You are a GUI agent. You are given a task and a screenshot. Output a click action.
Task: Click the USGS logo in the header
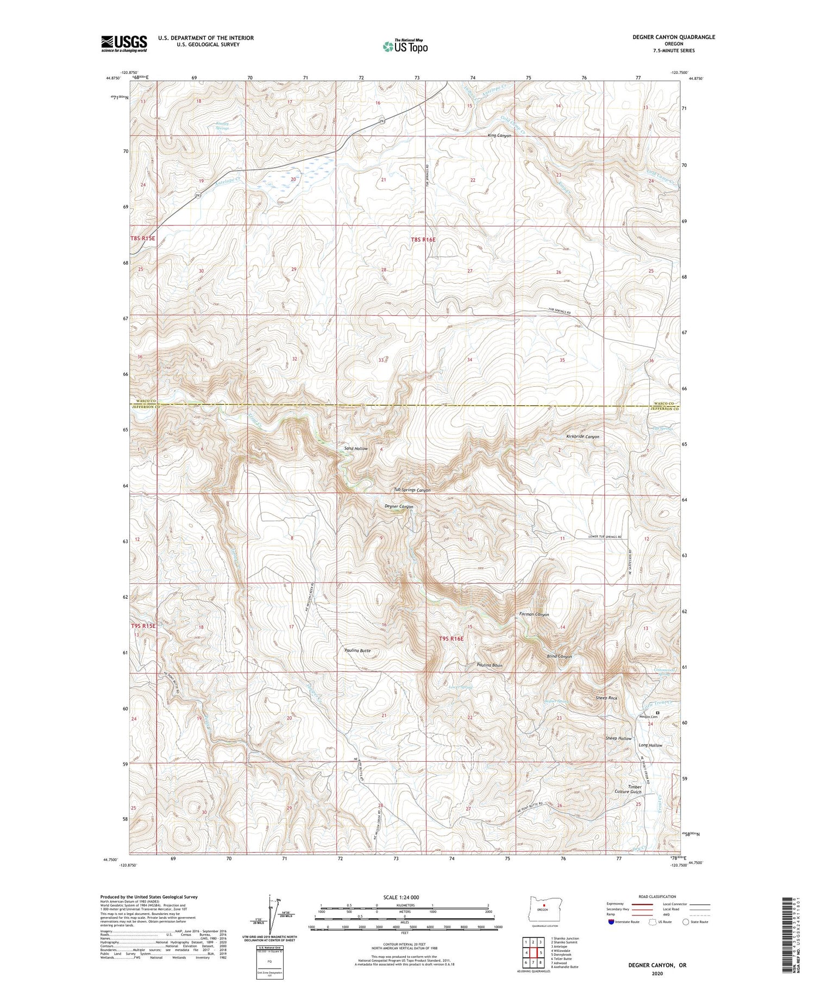pyautogui.click(x=124, y=43)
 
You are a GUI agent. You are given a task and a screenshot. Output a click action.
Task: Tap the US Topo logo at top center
pyautogui.click(x=405, y=46)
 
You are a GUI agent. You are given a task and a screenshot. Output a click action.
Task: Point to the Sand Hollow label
pyautogui.click(x=356, y=448)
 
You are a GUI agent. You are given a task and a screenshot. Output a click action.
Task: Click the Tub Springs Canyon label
pyautogui.click(x=412, y=490)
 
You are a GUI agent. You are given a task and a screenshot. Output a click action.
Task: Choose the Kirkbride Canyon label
pyautogui.click(x=582, y=436)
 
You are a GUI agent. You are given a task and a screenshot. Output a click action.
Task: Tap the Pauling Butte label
pyautogui.click(x=358, y=650)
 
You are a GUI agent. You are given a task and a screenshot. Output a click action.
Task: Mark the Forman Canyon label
pyautogui.click(x=534, y=614)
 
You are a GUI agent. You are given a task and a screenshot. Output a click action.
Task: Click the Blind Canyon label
pyautogui.click(x=559, y=656)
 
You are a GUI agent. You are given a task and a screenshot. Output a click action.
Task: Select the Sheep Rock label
pyautogui.click(x=606, y=698)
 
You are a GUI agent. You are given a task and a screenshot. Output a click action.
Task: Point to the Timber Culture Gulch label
pyautogui.click(x=635, y=789)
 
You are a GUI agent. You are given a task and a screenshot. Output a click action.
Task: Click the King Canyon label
pyautogui.click(x=499, y=135)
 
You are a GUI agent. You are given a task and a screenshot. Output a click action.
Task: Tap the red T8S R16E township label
pyautogui.click(x=423, y=239)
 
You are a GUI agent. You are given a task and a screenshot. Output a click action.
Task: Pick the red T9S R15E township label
pyautogui.click(x=143, y=626)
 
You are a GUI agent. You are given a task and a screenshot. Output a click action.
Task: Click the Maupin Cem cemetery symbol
pyautogui.click(x=657, y=712)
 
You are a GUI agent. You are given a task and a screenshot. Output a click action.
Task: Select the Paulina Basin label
pyautogui.click(x=490, y=665)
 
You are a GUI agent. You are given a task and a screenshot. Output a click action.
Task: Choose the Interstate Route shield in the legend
pyautogui.click(x=611, y=922)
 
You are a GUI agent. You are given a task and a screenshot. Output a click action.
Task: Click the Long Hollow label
pyautogui.click(x=650, y=745)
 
